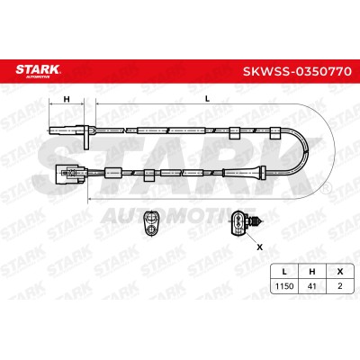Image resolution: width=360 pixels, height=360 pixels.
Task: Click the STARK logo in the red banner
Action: [38, 71]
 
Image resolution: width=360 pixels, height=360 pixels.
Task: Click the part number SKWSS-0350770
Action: [297, 71]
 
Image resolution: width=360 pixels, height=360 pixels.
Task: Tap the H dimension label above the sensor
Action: [67, 99]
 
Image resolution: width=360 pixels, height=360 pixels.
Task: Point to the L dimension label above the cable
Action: [207, 98]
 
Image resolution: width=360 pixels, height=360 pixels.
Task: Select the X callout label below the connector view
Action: [260, 247]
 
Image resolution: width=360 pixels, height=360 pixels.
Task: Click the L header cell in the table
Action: [284, 272]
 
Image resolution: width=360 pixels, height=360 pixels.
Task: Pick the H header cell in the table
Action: [312, 272]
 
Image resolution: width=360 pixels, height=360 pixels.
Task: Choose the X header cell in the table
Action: [340, 272]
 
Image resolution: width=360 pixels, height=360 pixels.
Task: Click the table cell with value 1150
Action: [284, 286]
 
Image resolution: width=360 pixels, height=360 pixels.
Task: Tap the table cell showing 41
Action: [312, 286]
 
